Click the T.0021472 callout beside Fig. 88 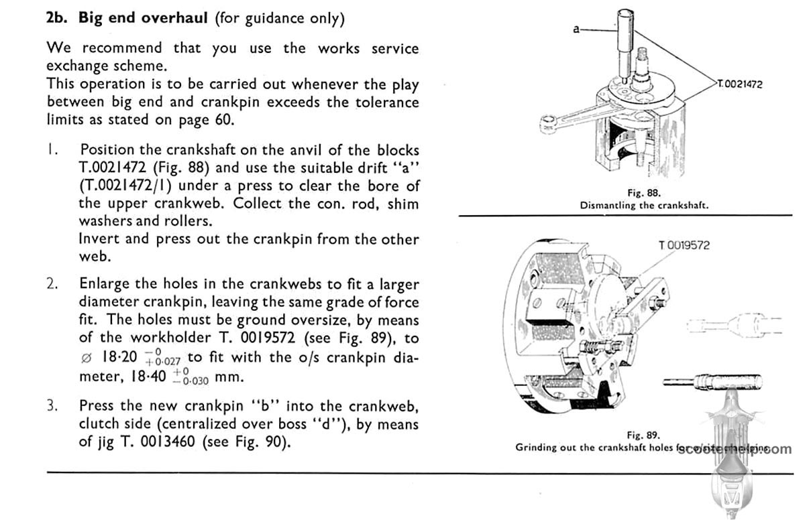[739, 84]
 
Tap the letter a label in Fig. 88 [576, 29]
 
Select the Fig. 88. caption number [644, 194]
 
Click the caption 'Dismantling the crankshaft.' [644, 206]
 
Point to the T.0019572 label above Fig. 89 [684, 245]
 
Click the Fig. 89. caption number [643, 434]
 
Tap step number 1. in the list [51, 149]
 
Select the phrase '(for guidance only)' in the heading [280, 18]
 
